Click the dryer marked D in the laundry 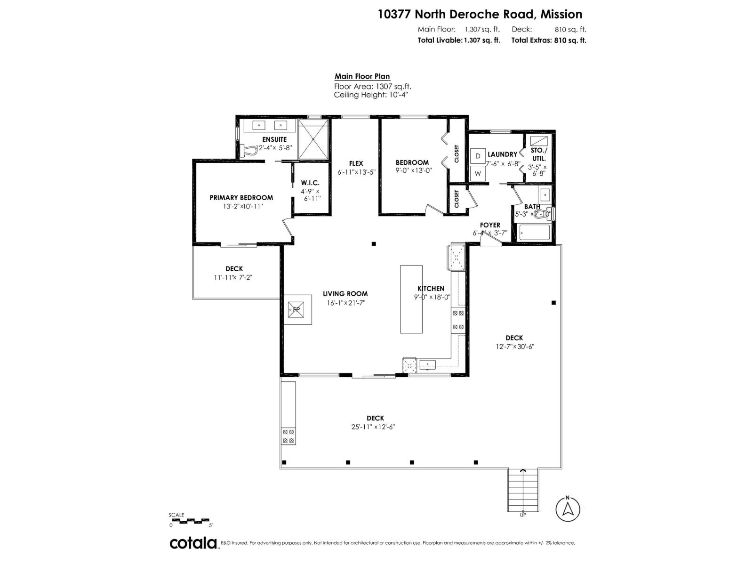(x=478, y=156)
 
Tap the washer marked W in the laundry (x=478, y=173)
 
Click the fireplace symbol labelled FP (x=297, y=309)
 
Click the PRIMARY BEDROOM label (x=241, y=198)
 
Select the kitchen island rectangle (x=411, y=299)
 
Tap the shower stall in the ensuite (x=313, y=139)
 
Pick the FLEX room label (x=356, y=163)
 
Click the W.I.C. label (x=311, y=183)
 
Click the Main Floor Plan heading (x=362, y=77)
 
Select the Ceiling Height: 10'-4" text (x=370, y=95)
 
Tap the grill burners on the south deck (x=288, y=436)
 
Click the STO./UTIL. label (x=539, y=154)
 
